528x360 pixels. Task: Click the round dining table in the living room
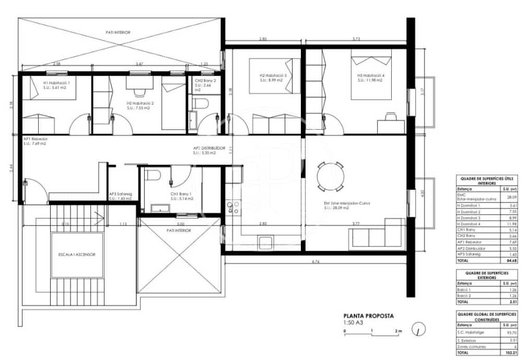coord(330,177)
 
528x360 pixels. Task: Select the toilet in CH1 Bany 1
coord(151,175)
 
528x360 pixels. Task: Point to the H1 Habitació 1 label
coord(56,85)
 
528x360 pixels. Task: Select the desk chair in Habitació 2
coord(139,92)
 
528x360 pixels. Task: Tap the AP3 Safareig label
coord(121,196)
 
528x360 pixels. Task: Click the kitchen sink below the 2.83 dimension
coord(265,242)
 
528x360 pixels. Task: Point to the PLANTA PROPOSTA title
coord(368,316)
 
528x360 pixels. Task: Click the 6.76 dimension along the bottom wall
coord(315,261)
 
